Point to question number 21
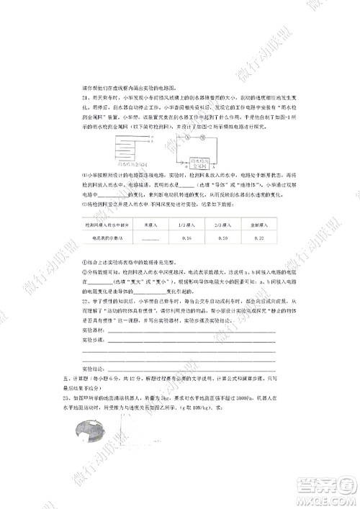(x=84, y=96)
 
